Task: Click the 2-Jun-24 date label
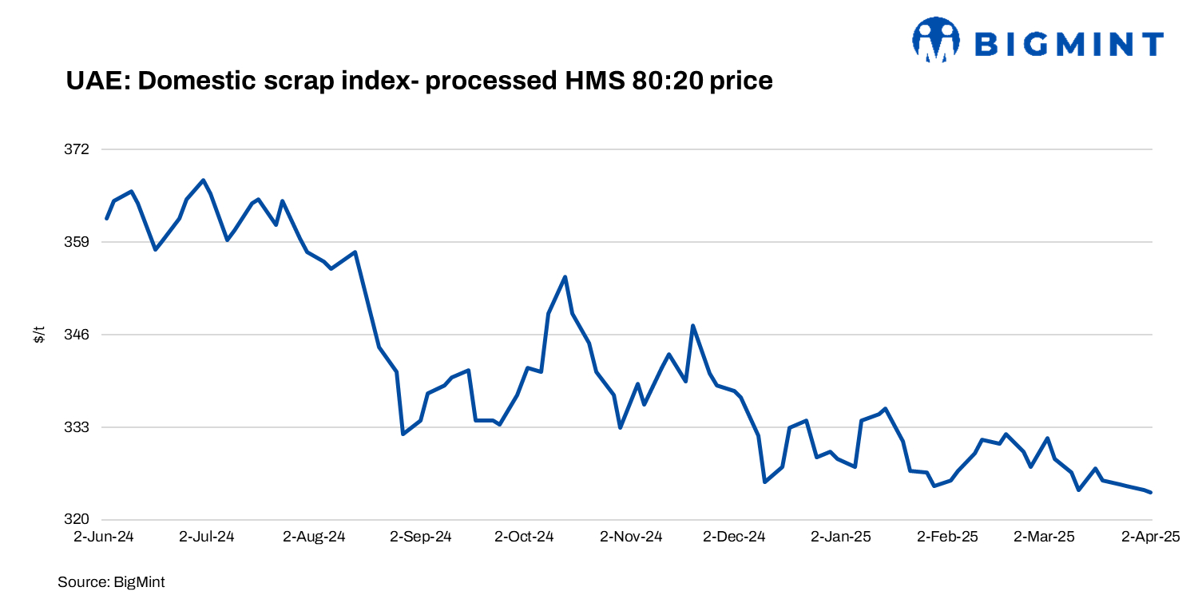pyautogui.click(x=104, y=537)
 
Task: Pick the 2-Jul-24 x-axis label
pyautogui.click(x=208, y=537)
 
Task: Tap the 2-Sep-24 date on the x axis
pyautogui.click(x=421, y=537)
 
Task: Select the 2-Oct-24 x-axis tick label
pyautogui.click(x=525, y=537)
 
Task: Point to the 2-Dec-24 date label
pyautogui.click(x=734, y=537)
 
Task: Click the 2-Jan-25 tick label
pyautogui.click(x=841, y=537)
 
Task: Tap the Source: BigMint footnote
pyautogui.click(x=111, y=582)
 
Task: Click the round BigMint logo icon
pyautogui.click(x=935, y=40)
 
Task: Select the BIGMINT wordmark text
pyautogui.click(x=1069, y=43)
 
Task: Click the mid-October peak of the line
pyautogui.click(x=565, y=276)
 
